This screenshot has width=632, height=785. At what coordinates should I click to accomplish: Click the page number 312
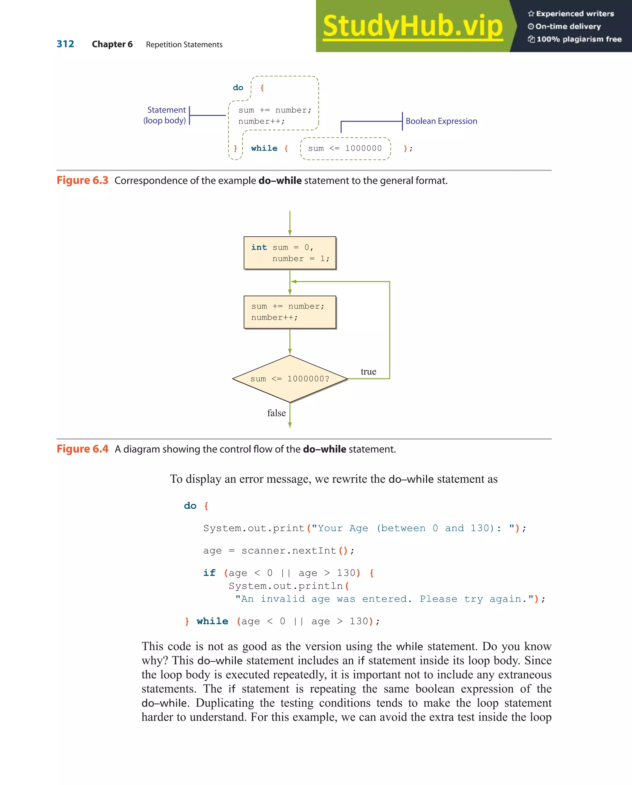65,44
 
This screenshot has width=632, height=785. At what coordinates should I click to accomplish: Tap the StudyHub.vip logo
412,26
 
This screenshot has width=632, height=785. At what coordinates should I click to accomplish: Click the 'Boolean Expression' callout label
441,121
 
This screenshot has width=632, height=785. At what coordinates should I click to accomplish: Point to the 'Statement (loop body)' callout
166,115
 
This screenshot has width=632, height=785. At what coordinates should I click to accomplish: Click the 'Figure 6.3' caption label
82,180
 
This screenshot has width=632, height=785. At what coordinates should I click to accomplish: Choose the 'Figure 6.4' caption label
82,449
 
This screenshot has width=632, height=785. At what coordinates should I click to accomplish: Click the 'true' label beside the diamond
368,372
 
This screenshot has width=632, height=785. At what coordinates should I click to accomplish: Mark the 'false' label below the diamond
276,413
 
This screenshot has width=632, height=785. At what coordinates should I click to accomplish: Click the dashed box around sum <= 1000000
345,149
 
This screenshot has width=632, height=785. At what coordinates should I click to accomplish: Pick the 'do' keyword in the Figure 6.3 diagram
238,88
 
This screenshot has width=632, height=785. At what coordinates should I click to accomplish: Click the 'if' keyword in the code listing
209,573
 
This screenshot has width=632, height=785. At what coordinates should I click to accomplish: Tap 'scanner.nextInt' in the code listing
289,551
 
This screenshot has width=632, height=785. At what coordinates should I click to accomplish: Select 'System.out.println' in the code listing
285,586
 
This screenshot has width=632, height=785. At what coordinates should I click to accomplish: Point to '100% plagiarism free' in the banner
578,39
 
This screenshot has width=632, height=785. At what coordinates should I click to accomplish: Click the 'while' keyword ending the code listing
212,621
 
